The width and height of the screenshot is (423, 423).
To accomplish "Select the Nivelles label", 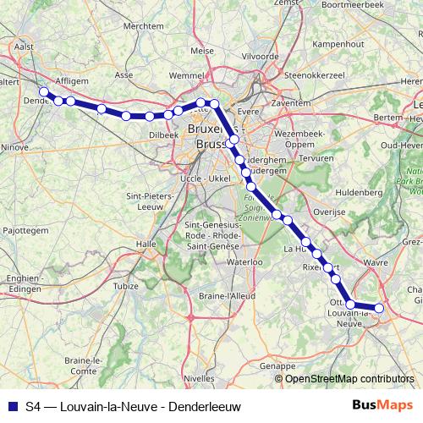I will tap(199, 380).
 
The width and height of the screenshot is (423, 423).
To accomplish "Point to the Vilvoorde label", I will tap(260, 56).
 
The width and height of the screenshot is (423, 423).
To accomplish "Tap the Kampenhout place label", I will tap(338, 43).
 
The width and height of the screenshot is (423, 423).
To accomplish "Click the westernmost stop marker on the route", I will tap(43, 91).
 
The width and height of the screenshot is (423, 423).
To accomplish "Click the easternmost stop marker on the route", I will tap(379, 309).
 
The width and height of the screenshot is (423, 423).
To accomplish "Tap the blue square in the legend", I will tap(11, 406).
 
